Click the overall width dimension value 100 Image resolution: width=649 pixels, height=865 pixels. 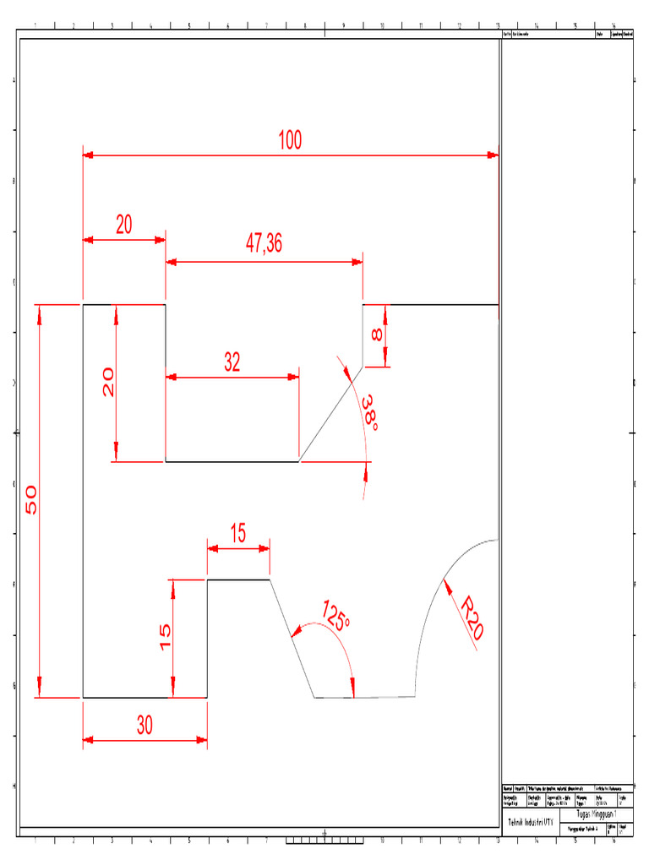coord(290,140)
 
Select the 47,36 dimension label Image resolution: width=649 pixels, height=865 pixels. coord(264,244)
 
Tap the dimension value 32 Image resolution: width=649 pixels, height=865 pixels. coord(232,362)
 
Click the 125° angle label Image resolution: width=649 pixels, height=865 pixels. coord(335,616)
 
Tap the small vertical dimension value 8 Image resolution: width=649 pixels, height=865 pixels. coord(377,335)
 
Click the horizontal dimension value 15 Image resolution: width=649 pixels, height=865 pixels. coord(237,533)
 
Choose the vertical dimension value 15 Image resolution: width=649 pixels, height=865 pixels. coord(166,636)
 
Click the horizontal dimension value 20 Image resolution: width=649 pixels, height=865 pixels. coord(124,225)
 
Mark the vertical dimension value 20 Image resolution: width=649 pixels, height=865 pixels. coord(108,383)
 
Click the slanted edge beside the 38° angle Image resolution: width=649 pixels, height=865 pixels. coord(331,414)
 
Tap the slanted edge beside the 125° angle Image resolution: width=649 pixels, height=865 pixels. coord(292,638)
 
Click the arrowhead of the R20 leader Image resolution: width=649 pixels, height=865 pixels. coord(446,581)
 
